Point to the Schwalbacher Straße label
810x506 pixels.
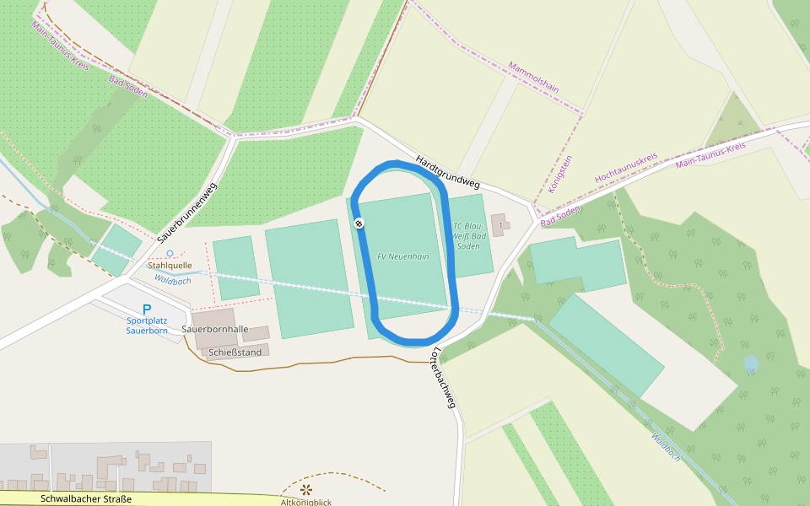point(86,499)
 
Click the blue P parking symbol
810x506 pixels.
point(147,310)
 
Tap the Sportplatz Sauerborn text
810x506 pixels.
point(147,326)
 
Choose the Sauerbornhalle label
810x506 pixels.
point(215,328)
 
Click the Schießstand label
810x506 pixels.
point(235,353)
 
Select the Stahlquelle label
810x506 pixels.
point(170,265)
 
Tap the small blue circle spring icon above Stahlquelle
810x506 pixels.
point(170,253)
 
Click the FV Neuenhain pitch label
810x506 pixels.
point(402,256)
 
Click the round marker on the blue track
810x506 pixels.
point(359,223)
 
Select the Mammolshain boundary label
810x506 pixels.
point(533,77)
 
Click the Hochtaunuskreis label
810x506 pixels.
point(625,169)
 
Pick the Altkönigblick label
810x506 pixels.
point(305,502)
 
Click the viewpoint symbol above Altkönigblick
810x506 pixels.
point(305,489)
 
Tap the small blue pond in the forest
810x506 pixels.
point(750,363)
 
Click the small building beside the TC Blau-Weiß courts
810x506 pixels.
point(499,223)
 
